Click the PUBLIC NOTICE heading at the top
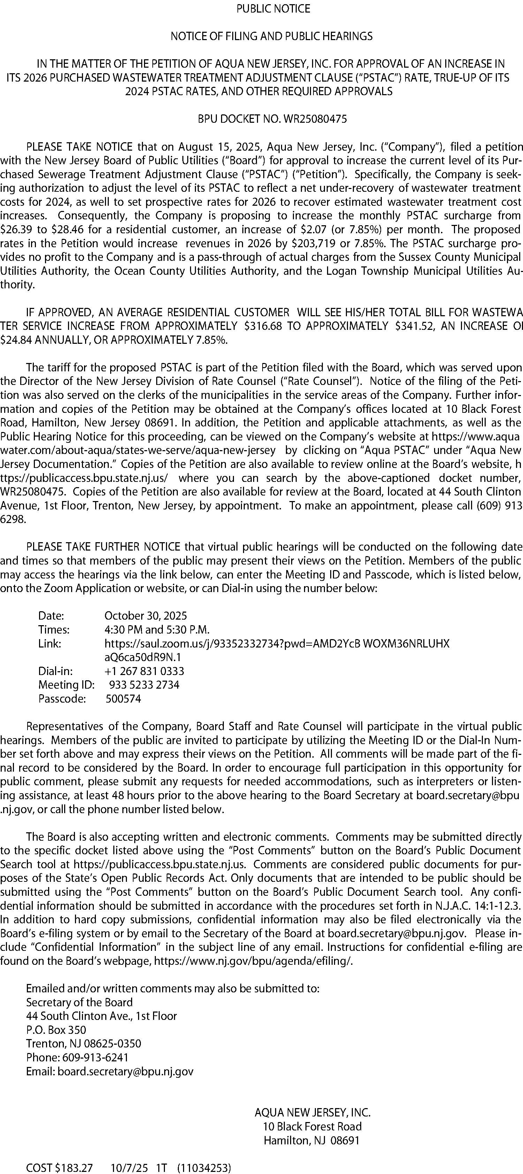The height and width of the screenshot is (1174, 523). coord(273,9)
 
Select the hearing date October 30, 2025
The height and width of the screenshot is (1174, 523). coord(146,616)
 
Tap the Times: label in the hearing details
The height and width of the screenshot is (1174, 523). coord(54,629)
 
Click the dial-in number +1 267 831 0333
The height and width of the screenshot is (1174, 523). coord(144,671)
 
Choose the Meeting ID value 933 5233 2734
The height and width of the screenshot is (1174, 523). coord(144,684)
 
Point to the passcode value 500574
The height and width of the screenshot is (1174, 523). coord(123,699)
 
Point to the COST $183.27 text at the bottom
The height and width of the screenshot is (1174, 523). coord(60,1168)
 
